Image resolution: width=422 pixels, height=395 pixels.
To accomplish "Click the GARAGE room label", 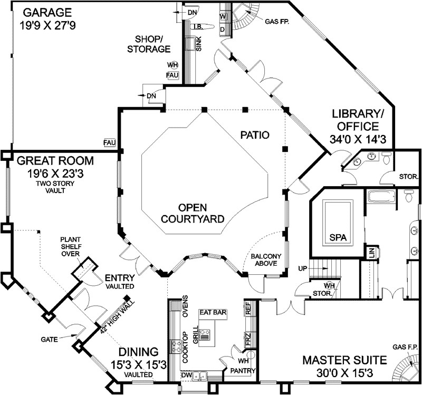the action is coord(47,13).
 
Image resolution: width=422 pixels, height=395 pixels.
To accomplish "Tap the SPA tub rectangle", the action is coord(338,223).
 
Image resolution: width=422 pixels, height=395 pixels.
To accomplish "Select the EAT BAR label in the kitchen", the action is coord(213,312).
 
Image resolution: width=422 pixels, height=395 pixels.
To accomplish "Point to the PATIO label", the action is coord(255,135).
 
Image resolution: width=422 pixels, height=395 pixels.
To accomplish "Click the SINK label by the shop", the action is coord(199,44).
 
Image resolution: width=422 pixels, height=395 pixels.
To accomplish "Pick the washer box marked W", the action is coord(223,16).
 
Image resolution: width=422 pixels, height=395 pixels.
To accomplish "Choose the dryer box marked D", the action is coord(223,29).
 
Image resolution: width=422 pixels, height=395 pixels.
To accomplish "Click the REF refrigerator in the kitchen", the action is coord(248,308).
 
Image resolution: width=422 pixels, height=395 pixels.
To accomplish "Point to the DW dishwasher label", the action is coord(185,375).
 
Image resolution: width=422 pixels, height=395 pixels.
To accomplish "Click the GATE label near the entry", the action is coord(49,340).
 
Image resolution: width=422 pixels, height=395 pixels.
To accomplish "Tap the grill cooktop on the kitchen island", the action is coord(205,335).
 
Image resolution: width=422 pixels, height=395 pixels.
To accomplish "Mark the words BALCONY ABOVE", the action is coord(266,259).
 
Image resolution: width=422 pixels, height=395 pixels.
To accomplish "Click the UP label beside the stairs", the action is coord(303,268).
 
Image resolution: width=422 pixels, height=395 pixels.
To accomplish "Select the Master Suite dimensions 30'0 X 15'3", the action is coord(344,373).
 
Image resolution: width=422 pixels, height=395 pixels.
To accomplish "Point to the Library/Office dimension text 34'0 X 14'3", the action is coord(358,139).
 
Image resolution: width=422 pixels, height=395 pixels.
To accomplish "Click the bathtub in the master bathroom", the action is coord(381,197).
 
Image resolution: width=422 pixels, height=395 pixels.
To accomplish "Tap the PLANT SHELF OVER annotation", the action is coord(71,246).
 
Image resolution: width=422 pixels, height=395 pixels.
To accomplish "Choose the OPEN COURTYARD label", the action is coord(193,213).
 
